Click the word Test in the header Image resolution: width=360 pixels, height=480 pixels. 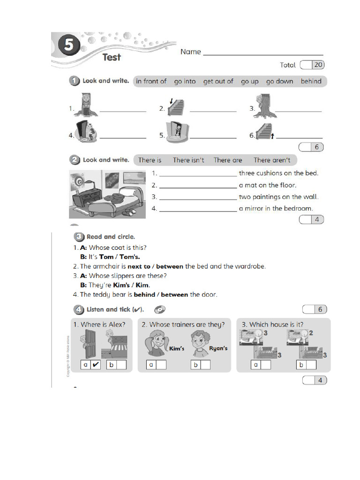[112, 57]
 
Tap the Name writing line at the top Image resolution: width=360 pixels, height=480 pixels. [262, 54]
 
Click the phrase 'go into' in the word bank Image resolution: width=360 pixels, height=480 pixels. [185, 81]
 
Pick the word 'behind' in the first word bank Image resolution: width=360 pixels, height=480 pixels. [311, 81]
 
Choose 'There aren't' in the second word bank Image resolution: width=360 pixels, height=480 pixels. [272, 160]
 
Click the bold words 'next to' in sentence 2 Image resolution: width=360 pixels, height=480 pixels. [139, 266]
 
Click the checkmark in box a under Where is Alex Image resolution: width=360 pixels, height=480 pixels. [96, 364]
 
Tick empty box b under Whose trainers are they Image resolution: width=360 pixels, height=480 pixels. [205, 364]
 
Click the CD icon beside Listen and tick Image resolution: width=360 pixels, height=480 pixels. [159, 309]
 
